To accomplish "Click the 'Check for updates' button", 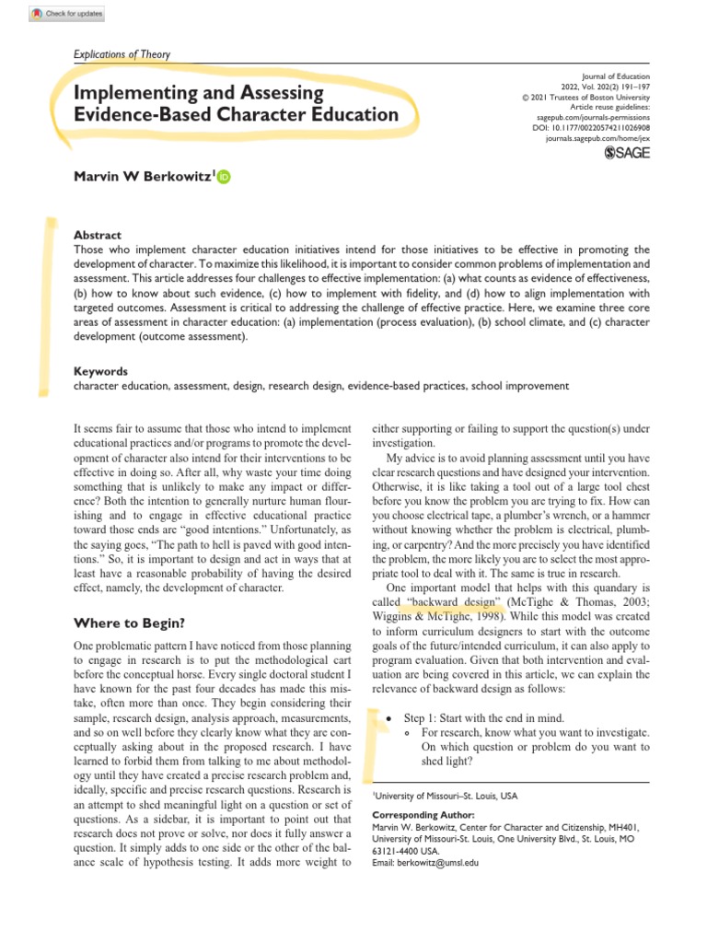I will (x=66, y=14).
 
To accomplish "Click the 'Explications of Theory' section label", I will (x=122, y=54).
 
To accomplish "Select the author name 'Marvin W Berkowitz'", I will (x=143, y=176).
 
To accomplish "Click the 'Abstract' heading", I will (x=97, y=236).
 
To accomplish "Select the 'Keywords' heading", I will (x=100, y=371).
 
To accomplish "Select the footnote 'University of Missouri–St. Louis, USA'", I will (x=446, y=794).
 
